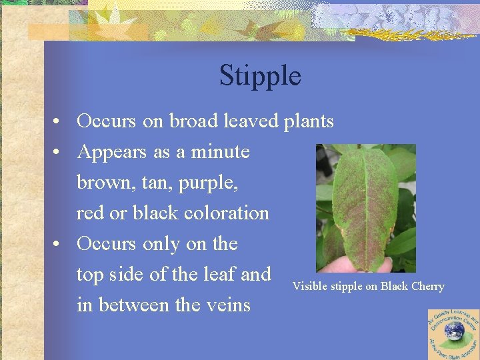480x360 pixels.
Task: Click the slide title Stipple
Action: point(260,75)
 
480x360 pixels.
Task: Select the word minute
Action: point(220,151)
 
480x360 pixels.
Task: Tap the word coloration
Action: point(227,213)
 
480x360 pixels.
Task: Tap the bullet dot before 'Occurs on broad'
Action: point(59,122)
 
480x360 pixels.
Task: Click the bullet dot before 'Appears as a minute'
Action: point(59,153)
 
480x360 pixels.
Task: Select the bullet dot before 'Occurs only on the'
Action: point(59,245)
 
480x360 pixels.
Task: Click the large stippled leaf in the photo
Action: point(363,203)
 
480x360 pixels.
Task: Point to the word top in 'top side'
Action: point(90,275)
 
